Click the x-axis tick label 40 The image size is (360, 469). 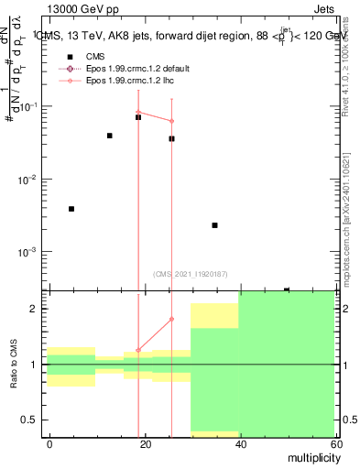pos(238,443)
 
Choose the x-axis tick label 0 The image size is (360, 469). pos(49,443)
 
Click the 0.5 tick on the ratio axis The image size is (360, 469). pos(34,420)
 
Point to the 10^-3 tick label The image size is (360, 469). pos(27,252)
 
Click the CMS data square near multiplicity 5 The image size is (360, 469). pos(71,209)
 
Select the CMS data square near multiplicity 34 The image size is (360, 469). pos(214,225)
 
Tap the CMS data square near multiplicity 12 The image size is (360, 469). pos(109,136)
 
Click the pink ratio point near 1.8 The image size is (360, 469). pos(171,319)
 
